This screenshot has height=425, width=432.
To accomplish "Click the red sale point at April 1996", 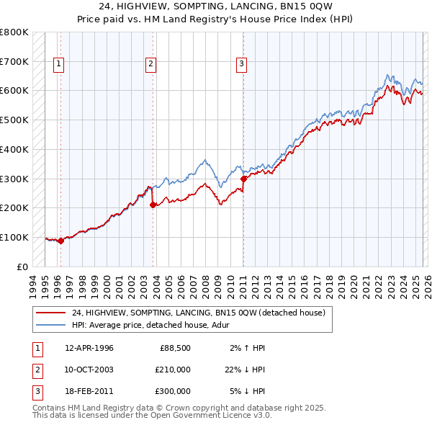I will coord(61,241).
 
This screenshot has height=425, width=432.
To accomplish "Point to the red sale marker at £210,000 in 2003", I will coord(153,205).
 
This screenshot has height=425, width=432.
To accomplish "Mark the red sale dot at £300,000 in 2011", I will coord(243,178).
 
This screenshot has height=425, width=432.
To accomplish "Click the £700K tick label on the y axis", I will coord(14,61).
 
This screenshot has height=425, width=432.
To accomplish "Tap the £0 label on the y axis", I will coord(22,267).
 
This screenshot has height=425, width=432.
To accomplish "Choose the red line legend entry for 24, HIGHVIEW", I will coord(199,313).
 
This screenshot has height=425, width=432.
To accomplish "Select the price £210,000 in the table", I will coord(173,370).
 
